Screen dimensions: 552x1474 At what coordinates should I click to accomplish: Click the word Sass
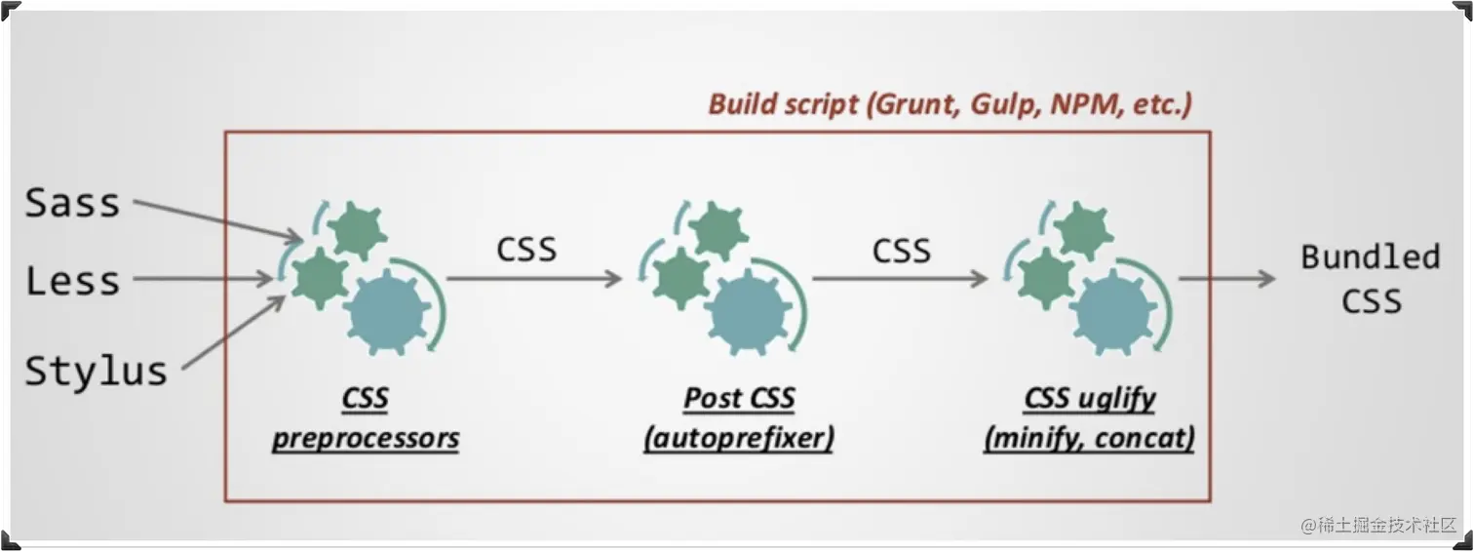pos(72,203)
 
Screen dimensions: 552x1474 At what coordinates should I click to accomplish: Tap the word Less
pos(72,281)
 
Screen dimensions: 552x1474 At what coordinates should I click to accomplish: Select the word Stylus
pos(96,372)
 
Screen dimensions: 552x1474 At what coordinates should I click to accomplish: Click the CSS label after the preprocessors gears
pos(526,250)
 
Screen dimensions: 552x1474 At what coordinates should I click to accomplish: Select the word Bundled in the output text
pos(1370,257)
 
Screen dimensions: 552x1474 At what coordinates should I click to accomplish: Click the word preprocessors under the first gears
pos(366,438)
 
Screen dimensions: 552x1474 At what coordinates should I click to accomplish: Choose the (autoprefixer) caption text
pos(739,438)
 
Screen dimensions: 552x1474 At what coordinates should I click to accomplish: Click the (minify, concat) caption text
pos(1089,438)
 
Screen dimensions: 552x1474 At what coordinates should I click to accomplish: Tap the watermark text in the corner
pos(1378,525)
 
